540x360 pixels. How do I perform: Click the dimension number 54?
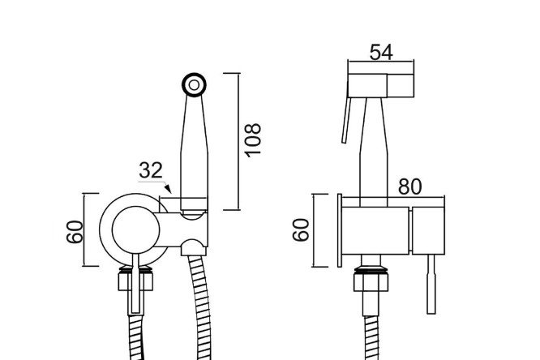pyautogui.click(x=381, y=53)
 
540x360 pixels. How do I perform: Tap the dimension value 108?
pyautogui.click(x=253, y=140)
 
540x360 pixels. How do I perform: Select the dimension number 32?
pyautogui.click(x=151, y=170)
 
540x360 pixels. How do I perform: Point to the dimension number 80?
pyautogui.click(x=409, y=186)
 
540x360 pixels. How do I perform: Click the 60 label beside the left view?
pyautogui.click(x=75, y=232)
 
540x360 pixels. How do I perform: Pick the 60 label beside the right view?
pyautogui.click(x=301, y=229)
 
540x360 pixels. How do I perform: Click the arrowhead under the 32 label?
pyautogui.click(x=168, y=189)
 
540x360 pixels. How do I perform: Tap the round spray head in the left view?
pyautogui.click(x=195, y=85)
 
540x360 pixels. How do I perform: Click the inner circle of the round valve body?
pyautogui.click(x=136, y=230)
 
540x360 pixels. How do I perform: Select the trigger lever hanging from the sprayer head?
pyautogui.click(x=346, y=120)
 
